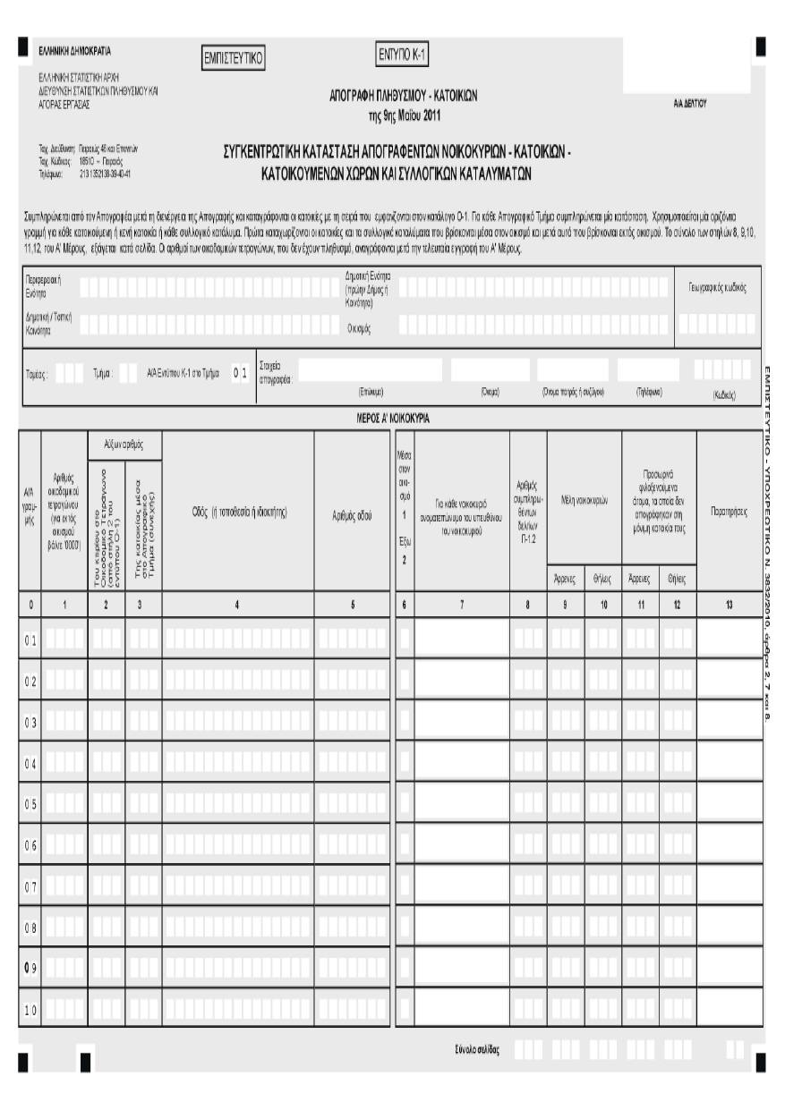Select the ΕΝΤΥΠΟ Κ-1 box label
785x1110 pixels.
tap(402, 55)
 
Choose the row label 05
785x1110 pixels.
tap(30, 802)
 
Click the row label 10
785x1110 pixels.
tap(30, 1009)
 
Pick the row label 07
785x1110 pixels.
tap(30, 885)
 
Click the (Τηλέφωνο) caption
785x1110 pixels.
tap(647, 392)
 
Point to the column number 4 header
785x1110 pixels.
tap(237, 606)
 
